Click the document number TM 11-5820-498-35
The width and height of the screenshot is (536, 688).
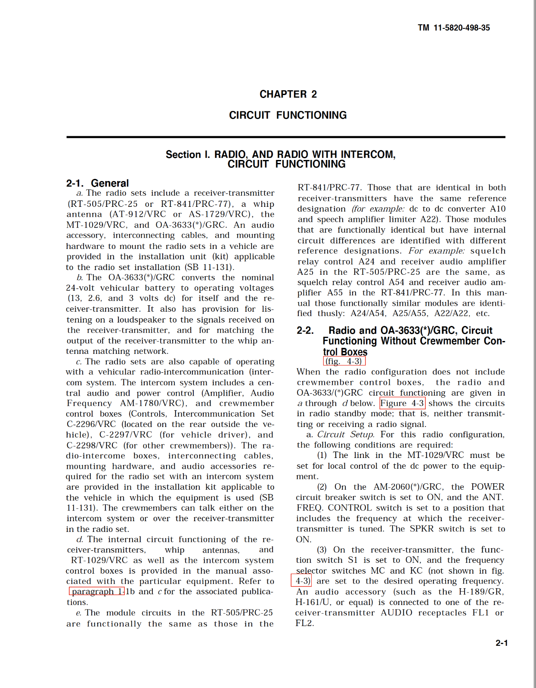(453, 28)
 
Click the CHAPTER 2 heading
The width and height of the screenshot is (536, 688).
(288, 94)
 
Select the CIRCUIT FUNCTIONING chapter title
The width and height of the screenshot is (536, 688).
(288, 115)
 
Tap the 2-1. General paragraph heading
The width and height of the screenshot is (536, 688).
(97, 183)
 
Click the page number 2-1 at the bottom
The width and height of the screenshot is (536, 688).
(502, 643)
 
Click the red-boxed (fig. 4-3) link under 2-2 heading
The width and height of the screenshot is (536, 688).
(344, 361)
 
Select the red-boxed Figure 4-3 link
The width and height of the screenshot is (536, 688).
(402, 403)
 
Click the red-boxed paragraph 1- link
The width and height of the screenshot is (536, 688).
(96, 592)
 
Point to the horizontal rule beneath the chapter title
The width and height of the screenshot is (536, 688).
(285, 137)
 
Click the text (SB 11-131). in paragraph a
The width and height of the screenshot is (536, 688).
(210, 267)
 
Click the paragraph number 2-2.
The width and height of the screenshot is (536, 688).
(305, 330)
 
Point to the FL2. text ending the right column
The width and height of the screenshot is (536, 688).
(304, 623)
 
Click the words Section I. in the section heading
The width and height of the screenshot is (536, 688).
(188, 155)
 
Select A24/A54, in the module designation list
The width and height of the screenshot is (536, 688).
(368, 313)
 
